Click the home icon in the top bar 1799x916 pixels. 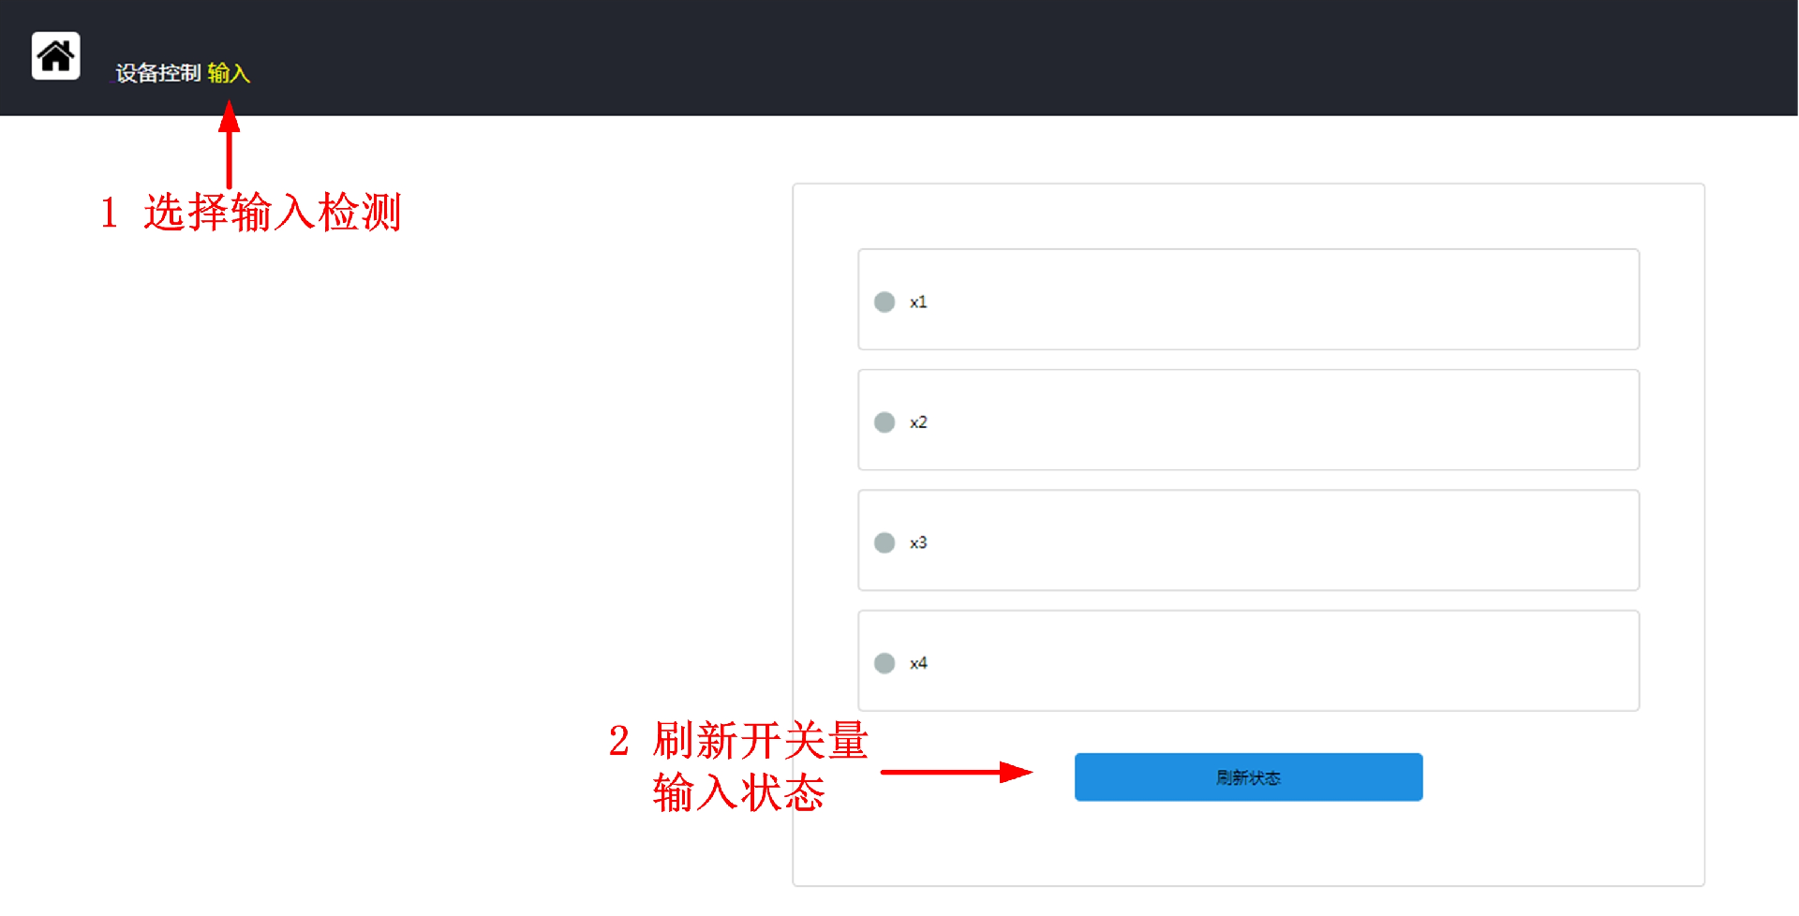click(55, 56)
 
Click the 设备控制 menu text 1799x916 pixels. click(157, 73)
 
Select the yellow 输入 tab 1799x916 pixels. click(229, 73)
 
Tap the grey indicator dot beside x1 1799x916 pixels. click(884, 302)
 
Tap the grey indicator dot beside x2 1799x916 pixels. click(884, 422)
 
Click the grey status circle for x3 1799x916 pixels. click(884, 542)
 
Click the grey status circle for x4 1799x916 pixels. click(884, 663)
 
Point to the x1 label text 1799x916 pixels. click(918, 302)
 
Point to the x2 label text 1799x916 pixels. click(918, 422)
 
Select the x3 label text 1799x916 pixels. click(918, 542)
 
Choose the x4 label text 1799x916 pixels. click(918, 663)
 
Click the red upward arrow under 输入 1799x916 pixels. click(229, 145)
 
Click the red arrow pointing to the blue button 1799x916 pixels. click(956, 773)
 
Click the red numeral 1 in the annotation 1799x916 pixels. click(110, 214)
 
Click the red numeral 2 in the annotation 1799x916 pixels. click(618, 742)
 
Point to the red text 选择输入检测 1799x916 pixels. click(272, 213)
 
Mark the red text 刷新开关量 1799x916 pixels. click(760, 741)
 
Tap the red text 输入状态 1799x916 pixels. click(738, 792)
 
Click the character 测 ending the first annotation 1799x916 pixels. click(380, 213)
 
